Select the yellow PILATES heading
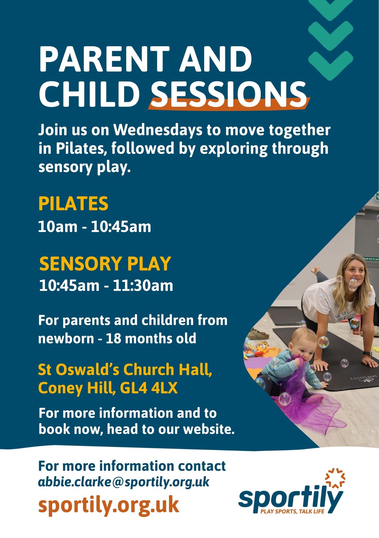click(x=73, y=203)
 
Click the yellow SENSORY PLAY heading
click(x=105, y=263)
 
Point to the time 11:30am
click(x=143, y=285)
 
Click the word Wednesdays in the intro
click(x=158, y=130)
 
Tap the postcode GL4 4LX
click(x=149, y=388)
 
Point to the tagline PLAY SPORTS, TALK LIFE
click(x=292, y=511)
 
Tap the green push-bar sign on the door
click(x=371, y=259)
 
